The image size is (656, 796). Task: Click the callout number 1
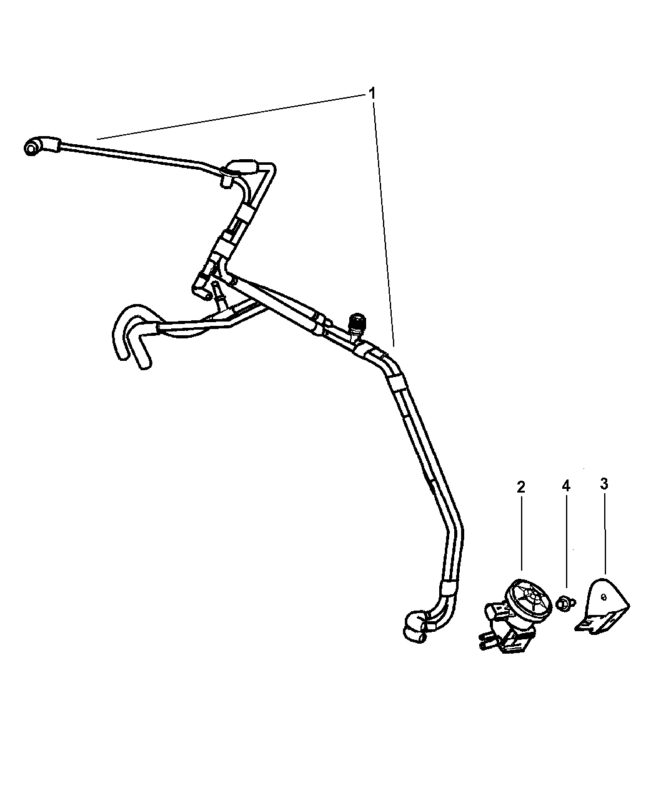pos(372,93)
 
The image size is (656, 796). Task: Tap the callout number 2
pos(521,487)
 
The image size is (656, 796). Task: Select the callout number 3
pos(604,484)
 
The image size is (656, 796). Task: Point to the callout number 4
pos(566,486)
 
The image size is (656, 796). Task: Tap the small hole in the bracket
pos(604,607)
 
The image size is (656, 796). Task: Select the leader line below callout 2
pos(521,539)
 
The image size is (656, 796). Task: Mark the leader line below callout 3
pos(605,539)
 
